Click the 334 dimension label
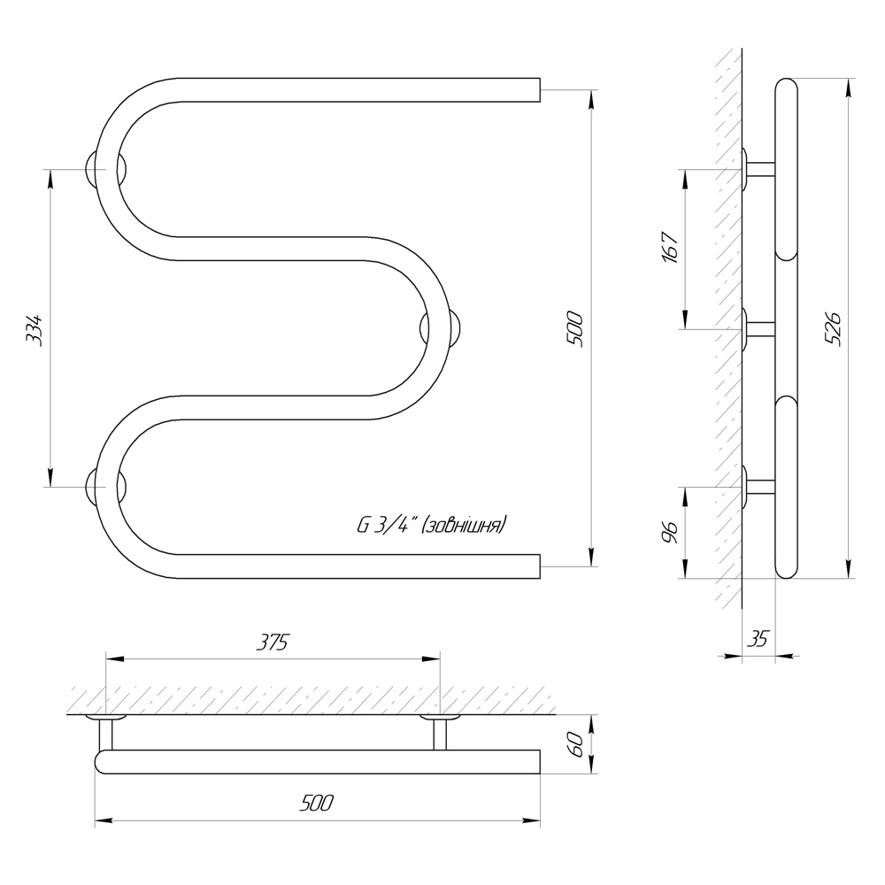coord(35,329)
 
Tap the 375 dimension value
coord(273,643)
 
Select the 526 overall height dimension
coord(833,328)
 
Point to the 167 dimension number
coord(671,247)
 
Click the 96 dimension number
coord(670,532)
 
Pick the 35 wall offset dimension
coord(758,639)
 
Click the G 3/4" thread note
coord(432,526)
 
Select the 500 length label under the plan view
coord(317,803)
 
